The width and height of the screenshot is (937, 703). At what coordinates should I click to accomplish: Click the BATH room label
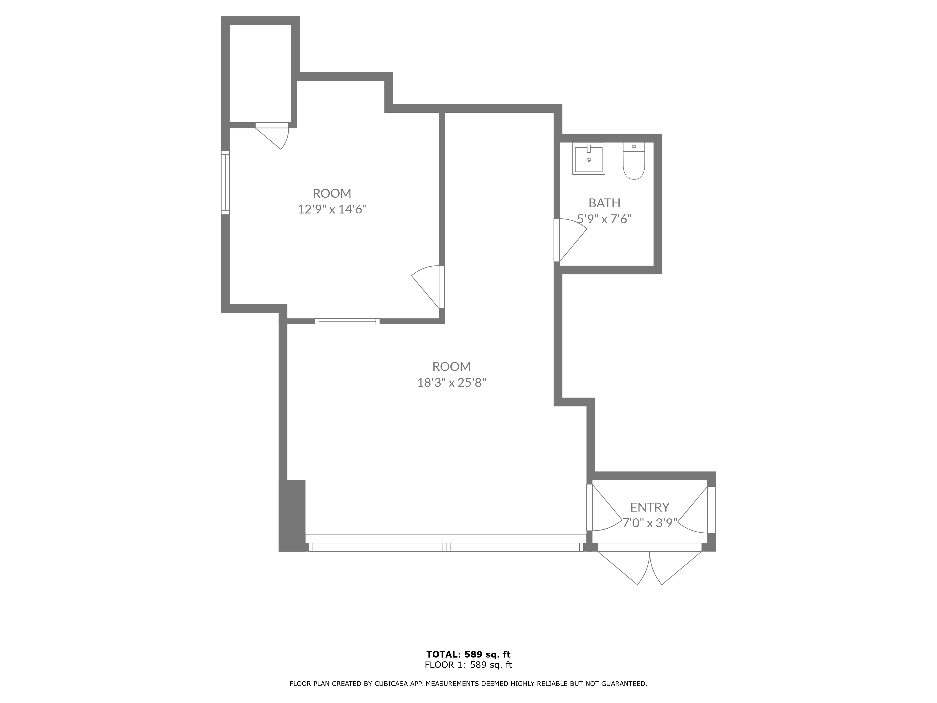coord(604,203)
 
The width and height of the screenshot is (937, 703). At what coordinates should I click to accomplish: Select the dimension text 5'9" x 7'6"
coord(604,219)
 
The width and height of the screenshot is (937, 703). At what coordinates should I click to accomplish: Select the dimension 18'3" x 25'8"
coord(452,383)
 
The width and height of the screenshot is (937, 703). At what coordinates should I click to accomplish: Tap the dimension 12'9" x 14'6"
coord(332,209)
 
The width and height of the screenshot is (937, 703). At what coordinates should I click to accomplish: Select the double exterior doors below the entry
coord(649,566)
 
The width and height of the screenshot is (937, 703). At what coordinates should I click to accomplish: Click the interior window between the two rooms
coord(347,321)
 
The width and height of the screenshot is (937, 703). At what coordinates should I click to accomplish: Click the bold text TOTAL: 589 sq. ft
coord(468,655)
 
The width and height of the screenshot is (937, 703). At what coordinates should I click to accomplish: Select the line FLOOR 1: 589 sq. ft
coord(468,665)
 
